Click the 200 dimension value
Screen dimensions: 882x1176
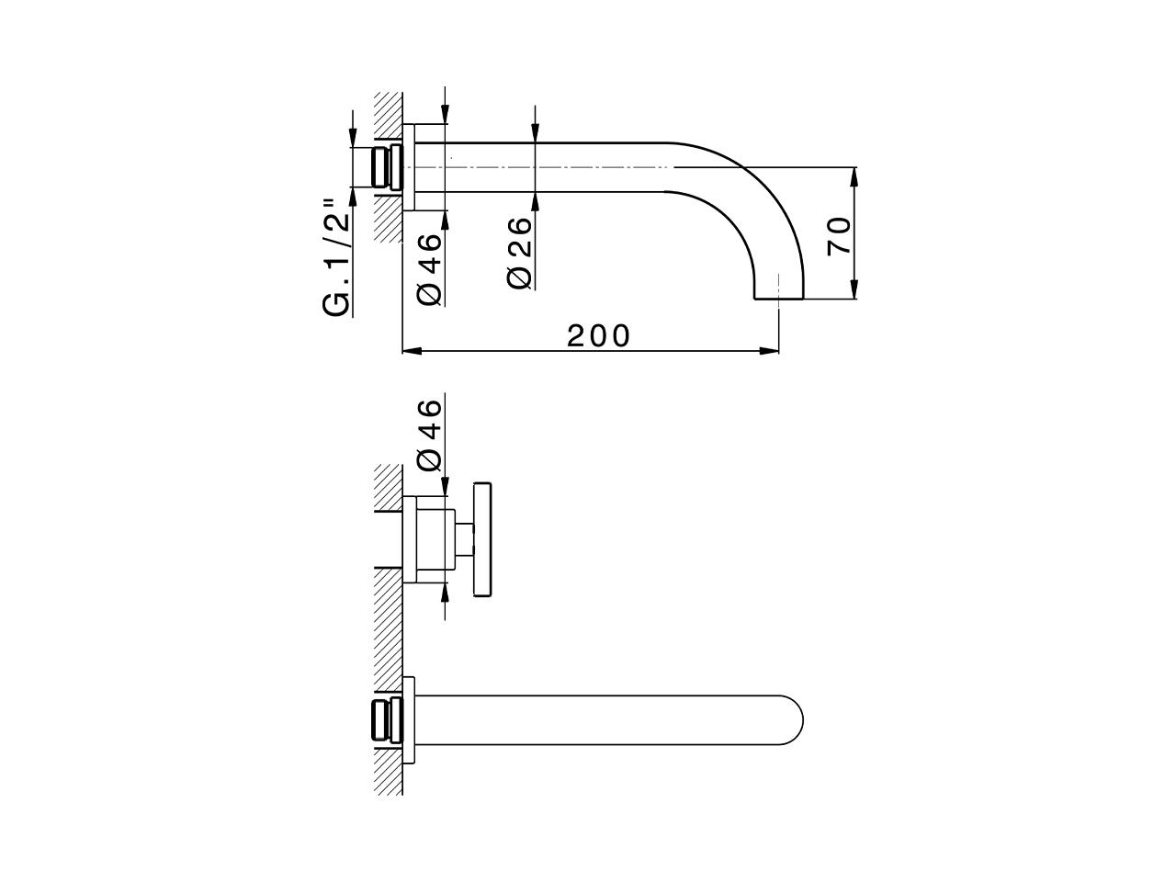coord(599,335)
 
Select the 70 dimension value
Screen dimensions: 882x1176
coord(840,237)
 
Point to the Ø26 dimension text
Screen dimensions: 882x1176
coord(520,253)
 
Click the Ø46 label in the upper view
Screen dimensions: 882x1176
coord(429,267)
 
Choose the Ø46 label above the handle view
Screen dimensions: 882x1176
coord(429,435)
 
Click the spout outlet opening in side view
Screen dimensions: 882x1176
coord(779,297)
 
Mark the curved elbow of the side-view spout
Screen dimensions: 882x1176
coord(753,198)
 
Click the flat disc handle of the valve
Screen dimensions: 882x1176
coord(482,539)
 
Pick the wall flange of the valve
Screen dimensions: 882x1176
coord(411,539)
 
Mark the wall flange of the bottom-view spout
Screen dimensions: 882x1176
coord(410,719)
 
